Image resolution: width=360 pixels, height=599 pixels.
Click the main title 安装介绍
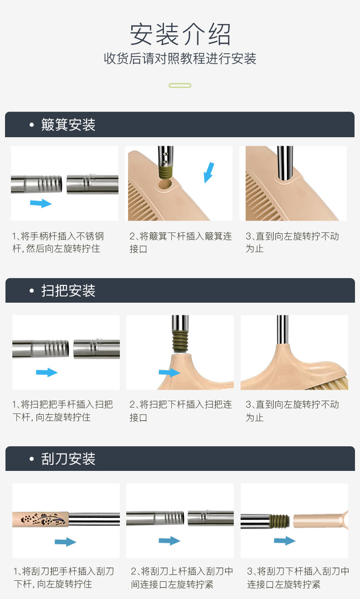click(180, 34)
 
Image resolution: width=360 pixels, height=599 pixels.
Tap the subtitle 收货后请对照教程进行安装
click(180, 58)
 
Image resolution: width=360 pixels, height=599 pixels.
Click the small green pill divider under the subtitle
click(180, 86)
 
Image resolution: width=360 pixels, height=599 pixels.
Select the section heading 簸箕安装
click(68, 124)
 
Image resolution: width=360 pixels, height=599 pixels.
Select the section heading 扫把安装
click(68, 290)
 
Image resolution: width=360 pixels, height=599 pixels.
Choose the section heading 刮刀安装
click(68, 459)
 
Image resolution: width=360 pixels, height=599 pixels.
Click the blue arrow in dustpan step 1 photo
click(41, 203)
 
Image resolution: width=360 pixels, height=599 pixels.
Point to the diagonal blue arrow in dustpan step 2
click(209, 172)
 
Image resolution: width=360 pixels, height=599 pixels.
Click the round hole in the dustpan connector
click(165, 184)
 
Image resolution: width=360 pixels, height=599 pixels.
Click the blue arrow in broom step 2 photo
click(170, 372)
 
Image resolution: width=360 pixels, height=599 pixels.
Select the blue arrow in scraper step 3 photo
click(285, 541)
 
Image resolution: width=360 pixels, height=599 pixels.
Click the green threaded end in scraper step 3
click(280, 521)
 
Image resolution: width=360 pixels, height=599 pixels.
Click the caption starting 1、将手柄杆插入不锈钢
click(58, 242)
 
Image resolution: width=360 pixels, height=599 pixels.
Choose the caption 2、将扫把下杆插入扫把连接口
click(180, 411)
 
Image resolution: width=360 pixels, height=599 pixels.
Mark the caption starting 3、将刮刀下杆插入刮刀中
click(298, 578)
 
